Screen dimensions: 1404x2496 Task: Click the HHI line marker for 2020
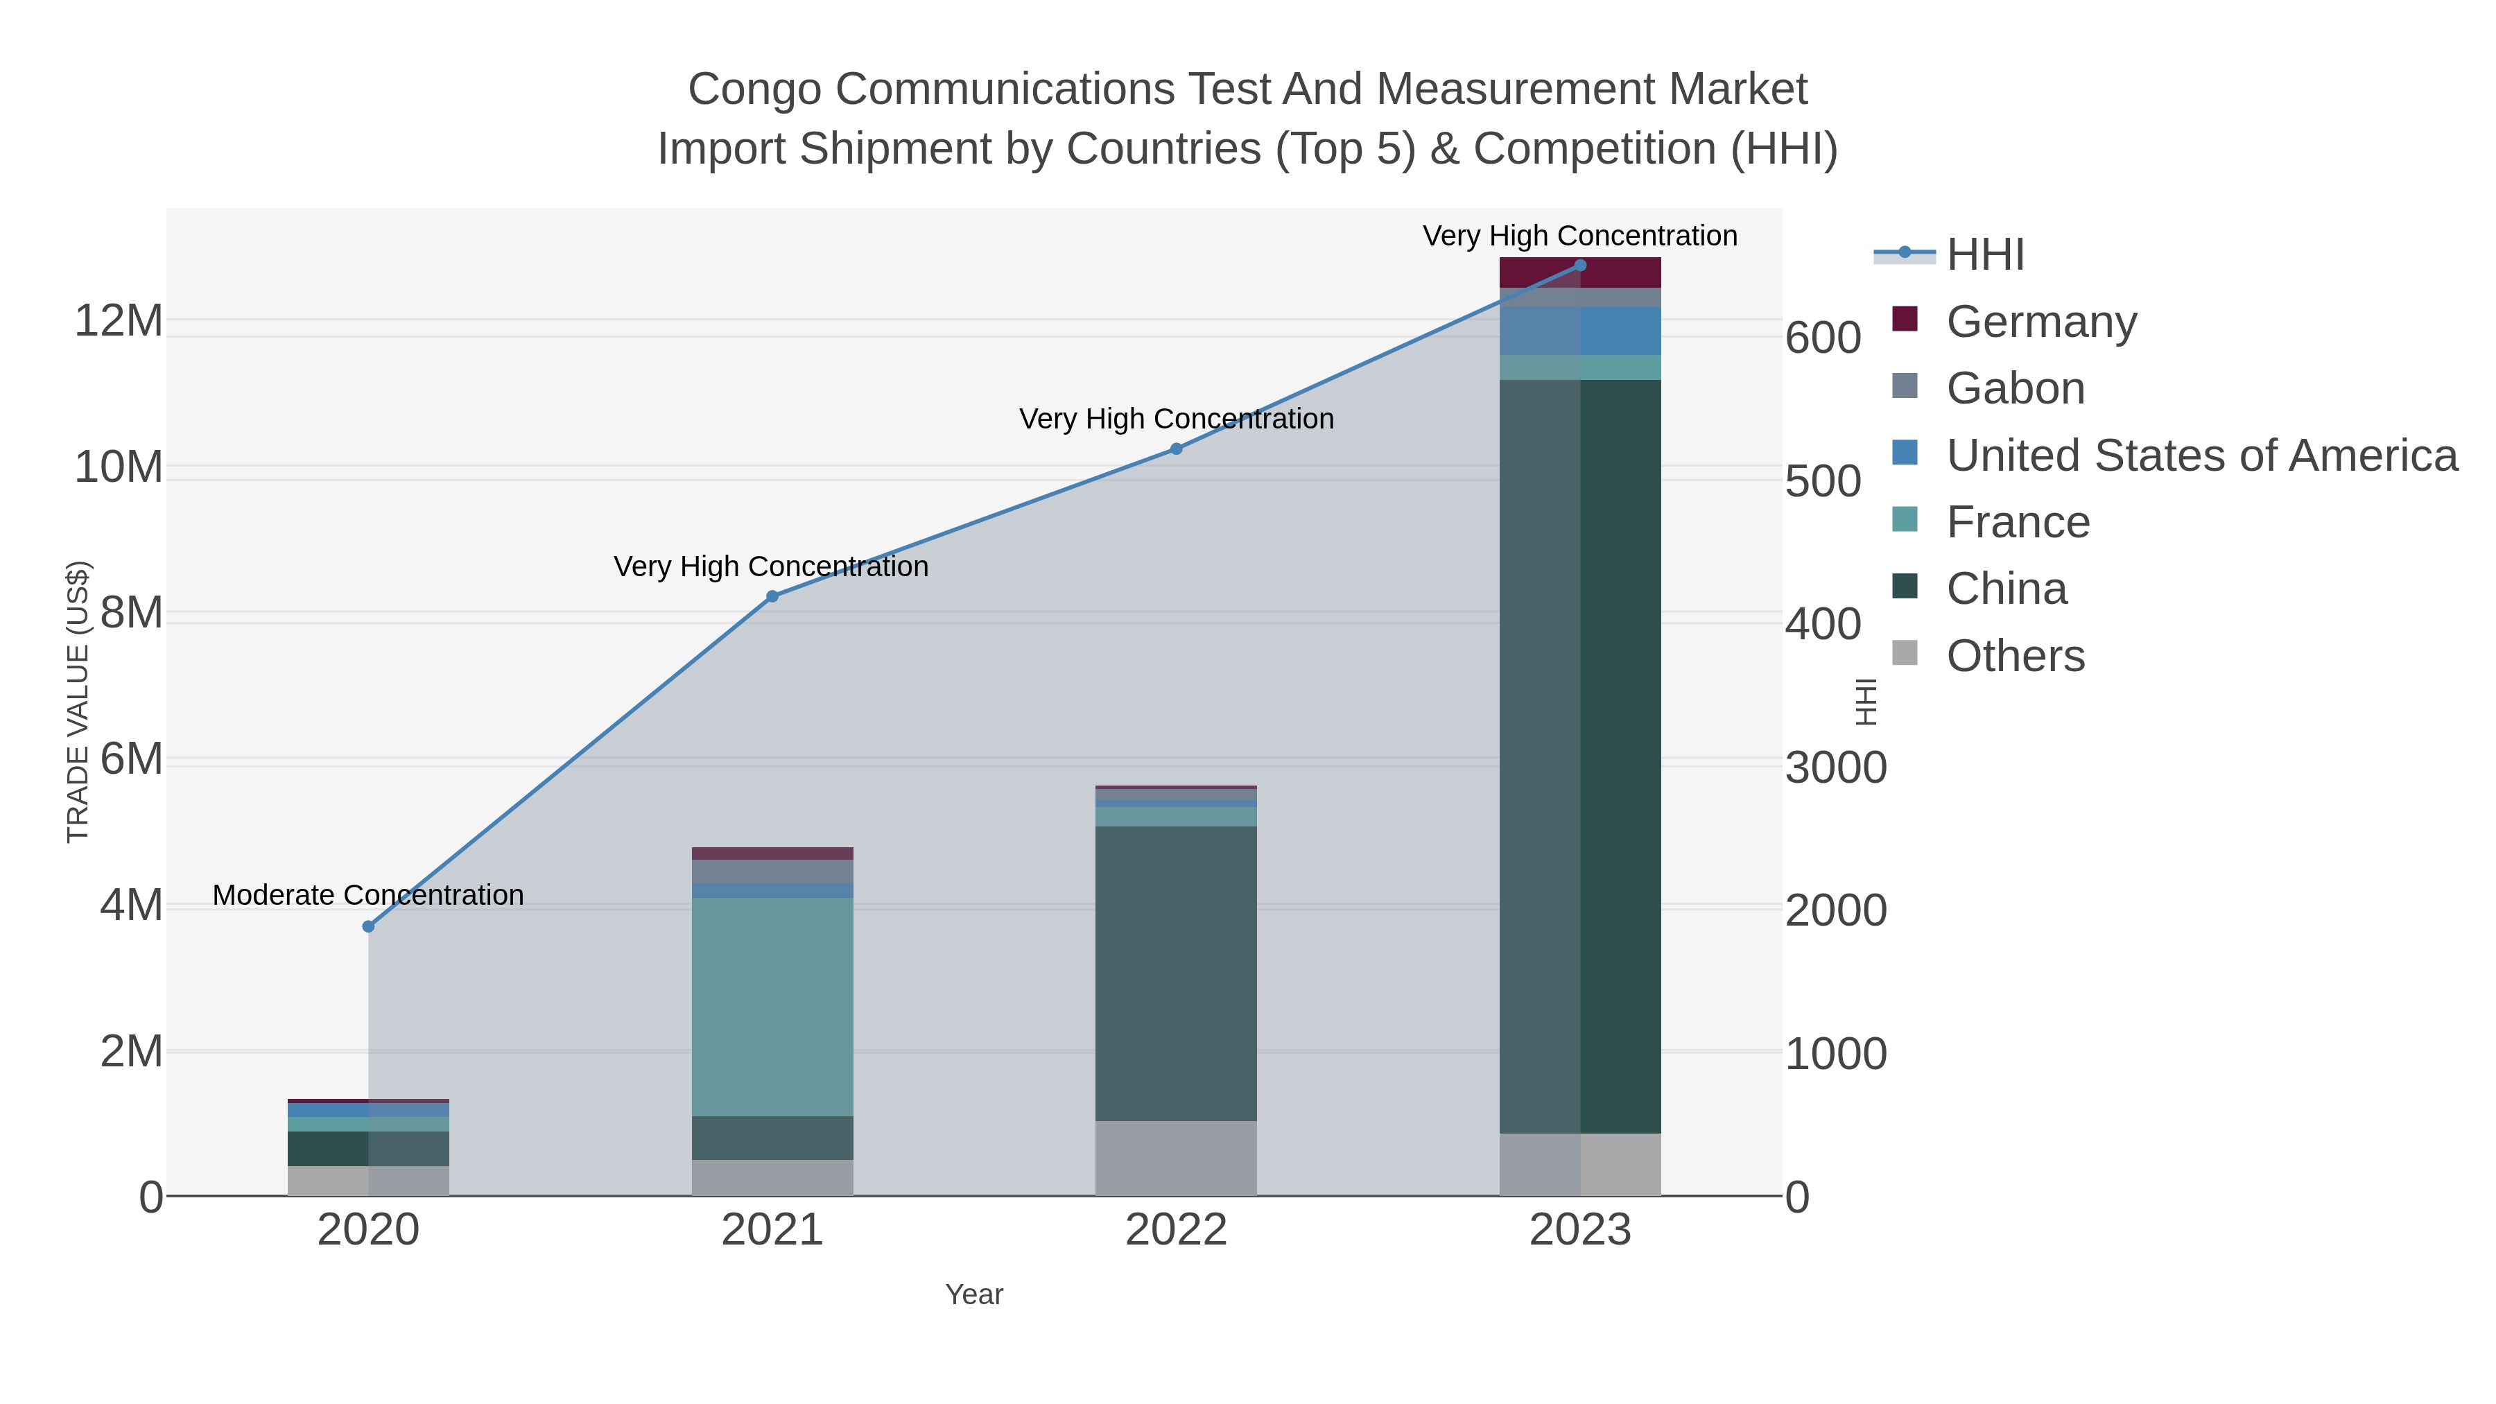tap(368, 926)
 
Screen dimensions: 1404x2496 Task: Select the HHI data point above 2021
tap(772, 597)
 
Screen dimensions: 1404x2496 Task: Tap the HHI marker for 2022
tap(1177, 449)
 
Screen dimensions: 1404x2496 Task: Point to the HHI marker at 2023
tap(1580, 266)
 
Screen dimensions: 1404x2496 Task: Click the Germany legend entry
tap(2040, 322)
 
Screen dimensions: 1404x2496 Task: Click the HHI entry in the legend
tap(1984, 255)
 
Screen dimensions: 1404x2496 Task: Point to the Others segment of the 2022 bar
tap(1177, 1158)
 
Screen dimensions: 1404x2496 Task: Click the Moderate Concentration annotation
tap(368, 895)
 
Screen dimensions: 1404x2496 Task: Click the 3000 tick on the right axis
tap(1835, 768)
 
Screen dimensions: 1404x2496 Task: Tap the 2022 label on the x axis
tap(1177, 1231)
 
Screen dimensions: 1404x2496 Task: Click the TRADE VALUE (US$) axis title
tap(78, 702)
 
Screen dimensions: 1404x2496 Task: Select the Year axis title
tap(974, 1294)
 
